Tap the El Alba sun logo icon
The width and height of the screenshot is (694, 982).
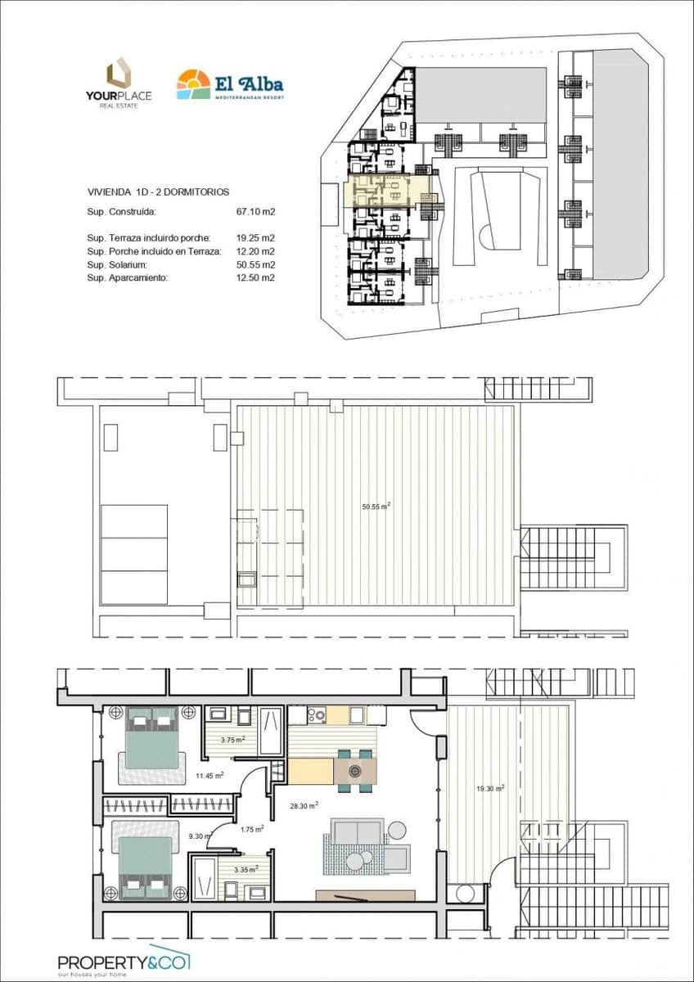tap(193, 84)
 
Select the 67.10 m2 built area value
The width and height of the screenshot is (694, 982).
tap(255, 211)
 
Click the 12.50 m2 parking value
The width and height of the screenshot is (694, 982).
tap(255, 278)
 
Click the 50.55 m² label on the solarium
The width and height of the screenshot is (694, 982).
tap(376, 507)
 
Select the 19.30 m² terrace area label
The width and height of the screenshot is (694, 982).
tap(489, 789)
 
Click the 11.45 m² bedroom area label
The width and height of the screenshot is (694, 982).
tap(210, 776)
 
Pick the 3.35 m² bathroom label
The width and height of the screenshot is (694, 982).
tap(246, 870)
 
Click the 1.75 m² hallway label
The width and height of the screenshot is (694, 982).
tap(252, 829)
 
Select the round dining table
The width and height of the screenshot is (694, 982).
tap(355, 769)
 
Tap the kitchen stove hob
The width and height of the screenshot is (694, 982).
tap(318, 715)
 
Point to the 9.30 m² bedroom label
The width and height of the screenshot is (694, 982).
tap(201, 836)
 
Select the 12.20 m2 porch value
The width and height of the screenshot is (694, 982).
tap(255, 251)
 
